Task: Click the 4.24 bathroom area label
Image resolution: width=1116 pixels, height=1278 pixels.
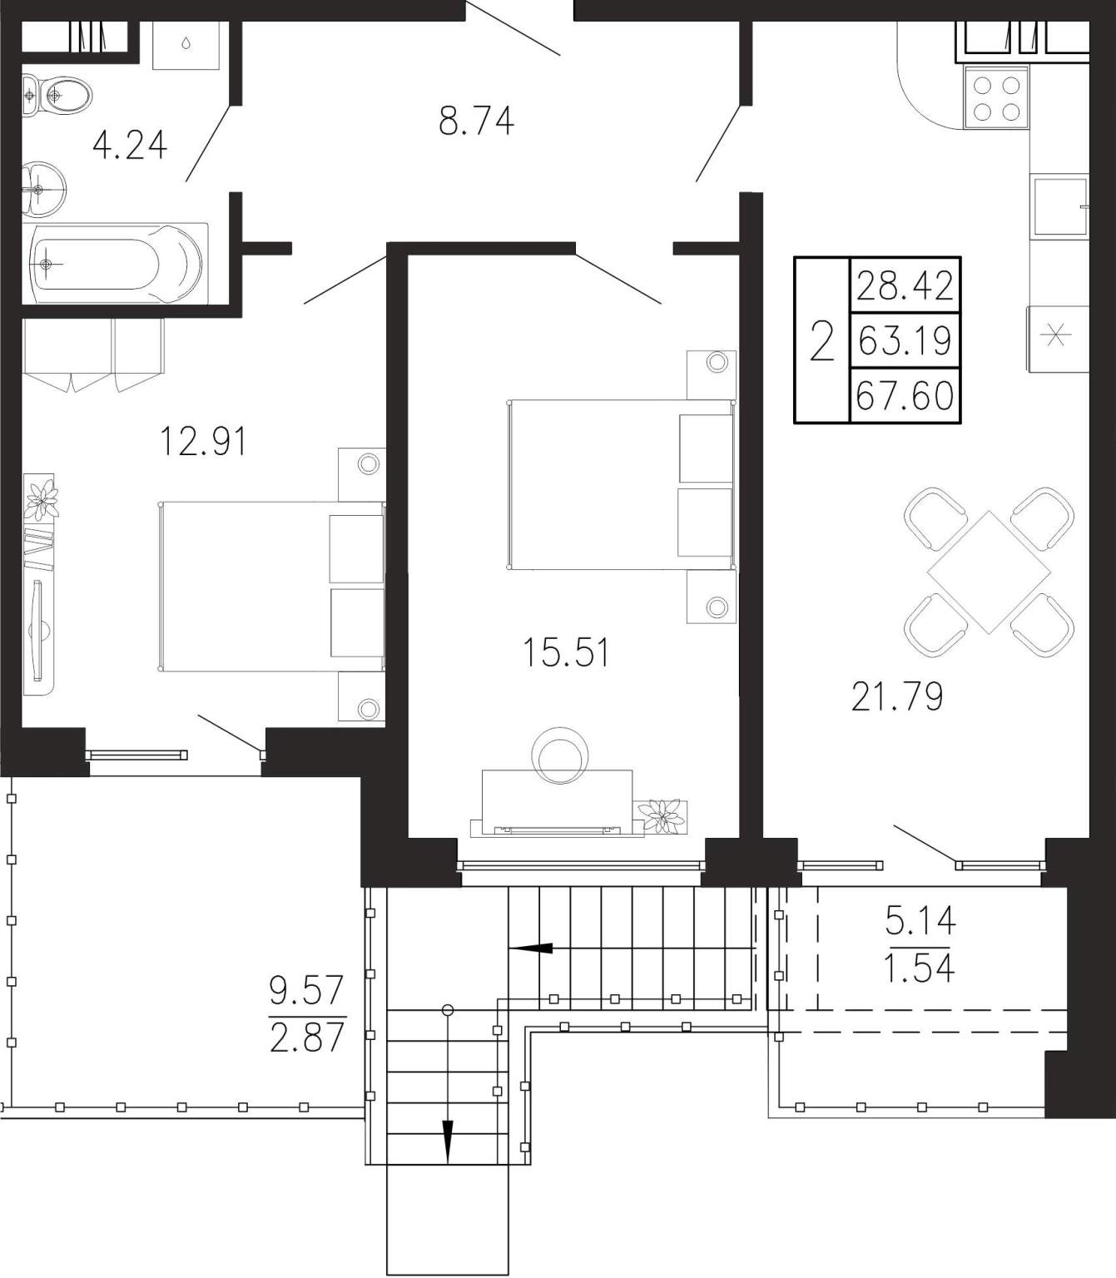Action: (x=129, y=146)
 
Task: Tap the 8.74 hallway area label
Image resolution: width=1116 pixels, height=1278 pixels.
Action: (x=476, y=121)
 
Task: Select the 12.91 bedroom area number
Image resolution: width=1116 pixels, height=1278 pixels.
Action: (x=203, y=441)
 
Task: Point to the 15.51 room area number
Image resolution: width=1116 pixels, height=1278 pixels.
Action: (x=566, y=652)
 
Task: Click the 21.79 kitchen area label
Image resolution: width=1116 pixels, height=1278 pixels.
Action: (x=896, y=696)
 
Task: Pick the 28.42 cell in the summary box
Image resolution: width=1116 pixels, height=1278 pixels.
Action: (x=905, y=285)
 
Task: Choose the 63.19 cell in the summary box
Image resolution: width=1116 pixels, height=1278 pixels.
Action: (x=905, y=340)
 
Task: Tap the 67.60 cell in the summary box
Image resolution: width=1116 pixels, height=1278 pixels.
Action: (x=905, y=395)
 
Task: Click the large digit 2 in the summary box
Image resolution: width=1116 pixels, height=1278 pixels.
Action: (x=821, y=340)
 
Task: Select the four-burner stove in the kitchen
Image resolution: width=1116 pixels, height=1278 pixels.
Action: (x=996, y=98)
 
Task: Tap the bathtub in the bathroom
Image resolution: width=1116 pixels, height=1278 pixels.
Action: (x=116, y=264)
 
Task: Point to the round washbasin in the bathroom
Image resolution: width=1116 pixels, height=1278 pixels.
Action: (x=44, y=189)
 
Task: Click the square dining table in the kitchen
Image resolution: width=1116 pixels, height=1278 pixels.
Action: (x=989, y=572)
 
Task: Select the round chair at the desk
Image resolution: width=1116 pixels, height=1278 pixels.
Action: (x=560, y=755)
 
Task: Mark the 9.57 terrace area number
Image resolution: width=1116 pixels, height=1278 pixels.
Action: (x=306, y=989)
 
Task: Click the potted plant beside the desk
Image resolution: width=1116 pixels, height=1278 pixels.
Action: (x=662, y=815)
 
